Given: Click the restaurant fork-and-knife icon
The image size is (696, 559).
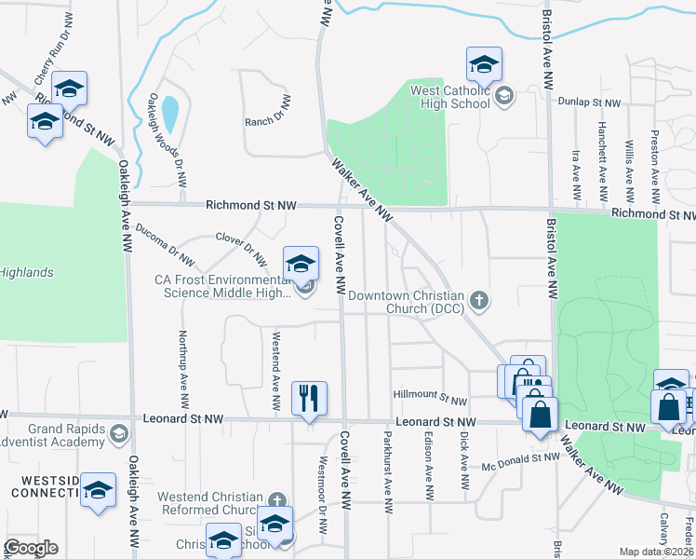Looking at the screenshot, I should (x=309, y=398).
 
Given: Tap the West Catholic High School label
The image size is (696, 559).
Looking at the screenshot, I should (x=450, y=97).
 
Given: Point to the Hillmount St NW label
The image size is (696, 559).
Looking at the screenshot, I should (x=429, y=399).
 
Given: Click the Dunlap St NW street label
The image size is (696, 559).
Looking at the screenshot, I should (x=589, y=102).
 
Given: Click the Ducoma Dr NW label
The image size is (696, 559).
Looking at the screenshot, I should (x=165, y=244).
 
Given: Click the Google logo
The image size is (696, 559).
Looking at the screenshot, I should (x=31, y=548).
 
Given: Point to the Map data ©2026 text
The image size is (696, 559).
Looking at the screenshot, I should (x=656, y=552).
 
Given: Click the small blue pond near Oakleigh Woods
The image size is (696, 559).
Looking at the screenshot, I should (x=170, y=115).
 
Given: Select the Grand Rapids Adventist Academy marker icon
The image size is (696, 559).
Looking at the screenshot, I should (x=119, y=433).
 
